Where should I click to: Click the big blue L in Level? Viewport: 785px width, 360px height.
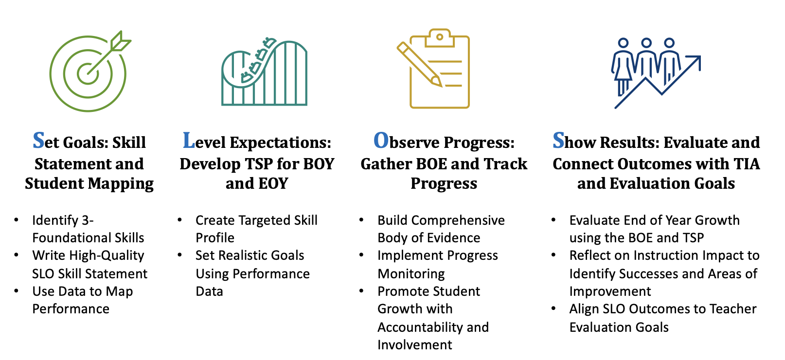pos(189,141)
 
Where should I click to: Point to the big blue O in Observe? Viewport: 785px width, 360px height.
pos(381,141)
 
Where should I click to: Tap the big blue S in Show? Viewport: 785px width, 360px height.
pos(558,141)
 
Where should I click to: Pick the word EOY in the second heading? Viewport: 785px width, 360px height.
pos(271,183)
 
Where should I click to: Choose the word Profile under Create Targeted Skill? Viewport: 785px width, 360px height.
pos(215,238)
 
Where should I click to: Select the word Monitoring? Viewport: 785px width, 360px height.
pos(411,274)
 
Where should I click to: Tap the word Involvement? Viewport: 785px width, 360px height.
pos(414,344)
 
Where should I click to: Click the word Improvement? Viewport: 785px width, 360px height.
pos(610,291)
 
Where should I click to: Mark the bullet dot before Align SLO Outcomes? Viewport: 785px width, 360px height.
pos(553,308)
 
